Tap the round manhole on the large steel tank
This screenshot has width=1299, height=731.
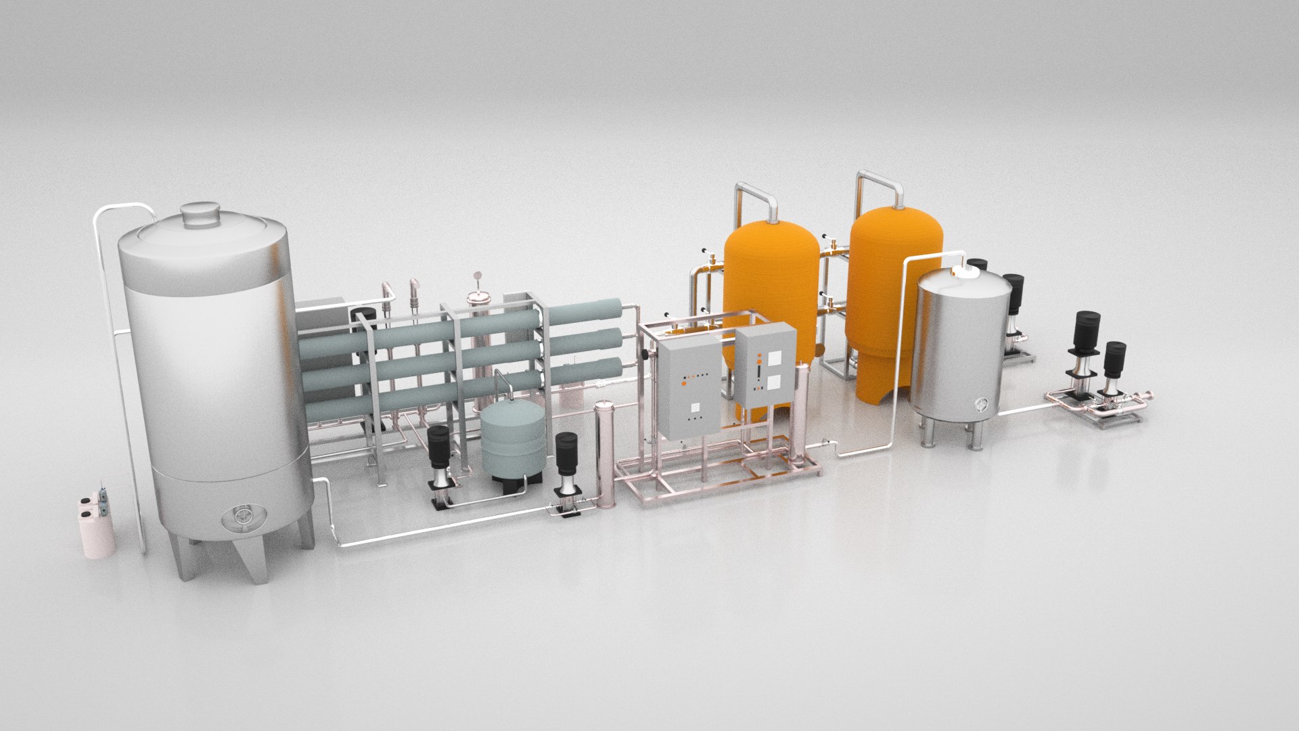(x=242, y=516)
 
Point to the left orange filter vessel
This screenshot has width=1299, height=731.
(x=771, y=291)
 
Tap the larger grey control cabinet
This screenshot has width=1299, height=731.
(x=690, y=386)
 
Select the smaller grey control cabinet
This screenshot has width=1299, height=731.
(x=766, y=365)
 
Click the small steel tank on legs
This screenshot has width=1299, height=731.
(x=960, y=352)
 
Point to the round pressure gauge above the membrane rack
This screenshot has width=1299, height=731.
(x=478, y=275)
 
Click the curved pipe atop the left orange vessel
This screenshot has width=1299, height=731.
(x=756, y=196)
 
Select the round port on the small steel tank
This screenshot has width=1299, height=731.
(x=982, y=405)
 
